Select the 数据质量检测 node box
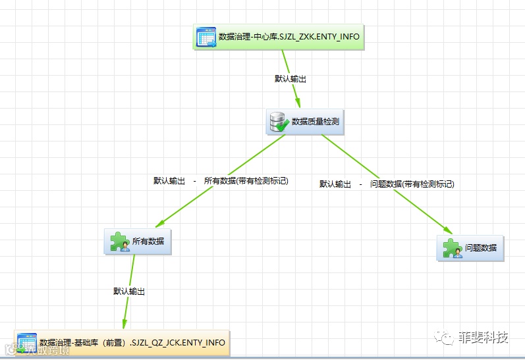point(305,121)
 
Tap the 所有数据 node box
point(138,242)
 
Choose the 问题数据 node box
point(470,248)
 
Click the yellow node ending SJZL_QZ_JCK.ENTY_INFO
point(123,342)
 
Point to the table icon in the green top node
point(206,37)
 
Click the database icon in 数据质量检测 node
point(278,121)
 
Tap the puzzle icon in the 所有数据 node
point(119,242)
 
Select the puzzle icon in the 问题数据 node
point(452,248)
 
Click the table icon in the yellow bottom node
point(26,342)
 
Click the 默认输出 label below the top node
point(290,78)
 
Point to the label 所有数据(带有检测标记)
point(246,180)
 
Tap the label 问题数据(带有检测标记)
point(412,184)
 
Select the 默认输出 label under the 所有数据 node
point(129,290)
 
